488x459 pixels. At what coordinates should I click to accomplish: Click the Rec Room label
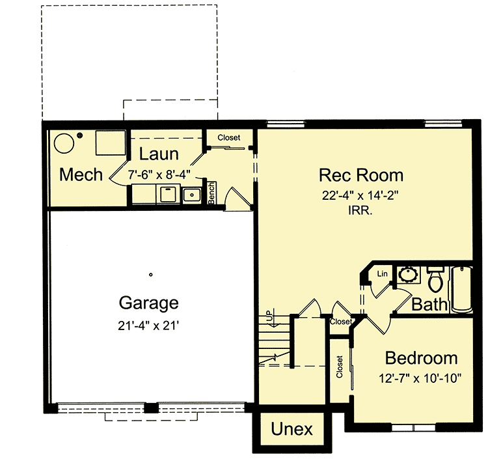(x=360, y=175)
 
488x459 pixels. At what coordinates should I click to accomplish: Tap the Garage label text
(x=148, y=303)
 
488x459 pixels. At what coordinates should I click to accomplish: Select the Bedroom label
(x=421, y=358)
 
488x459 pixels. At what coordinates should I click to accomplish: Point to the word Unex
(x=291, y=430)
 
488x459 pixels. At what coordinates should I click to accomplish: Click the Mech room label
(x=81, y=174)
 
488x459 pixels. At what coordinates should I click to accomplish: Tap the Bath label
(x=429, y=303)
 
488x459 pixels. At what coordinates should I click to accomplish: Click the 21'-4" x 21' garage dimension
(x=148, y=324)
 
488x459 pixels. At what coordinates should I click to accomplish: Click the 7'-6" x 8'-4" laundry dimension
(x=159, y=174)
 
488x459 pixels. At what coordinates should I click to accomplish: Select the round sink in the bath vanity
(x=409, y=273)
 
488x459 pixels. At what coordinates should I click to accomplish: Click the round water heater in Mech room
(x=63, y=143)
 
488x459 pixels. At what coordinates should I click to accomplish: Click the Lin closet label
(x=383, y=274)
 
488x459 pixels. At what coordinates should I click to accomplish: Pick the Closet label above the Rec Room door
(x=228, y=137)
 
